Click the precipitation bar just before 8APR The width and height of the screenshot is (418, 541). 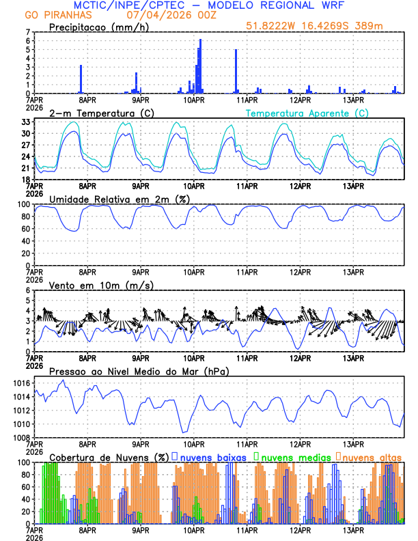pos(81,79)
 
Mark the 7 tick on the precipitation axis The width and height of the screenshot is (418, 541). pos(28,32)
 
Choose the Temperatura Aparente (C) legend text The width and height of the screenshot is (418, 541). pos(307,113)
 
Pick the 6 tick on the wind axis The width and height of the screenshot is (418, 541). pos(28,290)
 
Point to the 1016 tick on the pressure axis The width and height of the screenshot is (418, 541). pos(22,383)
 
